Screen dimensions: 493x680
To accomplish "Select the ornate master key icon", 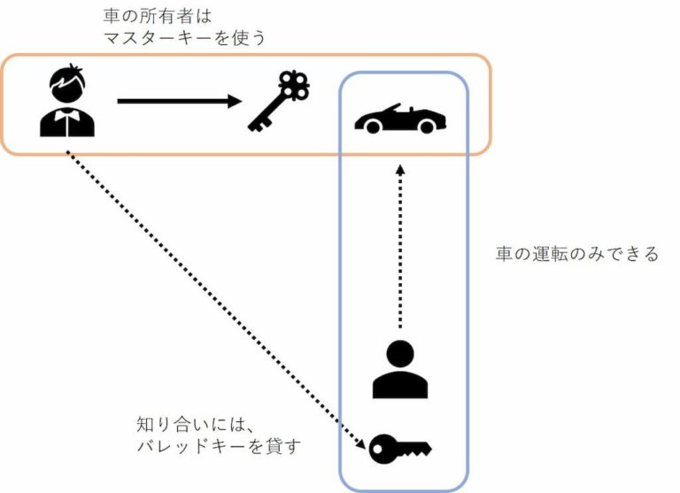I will (x=276, y=103).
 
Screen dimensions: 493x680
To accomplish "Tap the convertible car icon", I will (x=400, y=118).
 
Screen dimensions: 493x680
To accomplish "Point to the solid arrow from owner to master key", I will (x=177, y=102).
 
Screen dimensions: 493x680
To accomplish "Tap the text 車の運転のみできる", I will (x=576, y=255).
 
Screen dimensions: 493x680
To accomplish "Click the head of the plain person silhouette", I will (x=400, y=351).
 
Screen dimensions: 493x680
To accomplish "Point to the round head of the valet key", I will (x=382, y=449).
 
